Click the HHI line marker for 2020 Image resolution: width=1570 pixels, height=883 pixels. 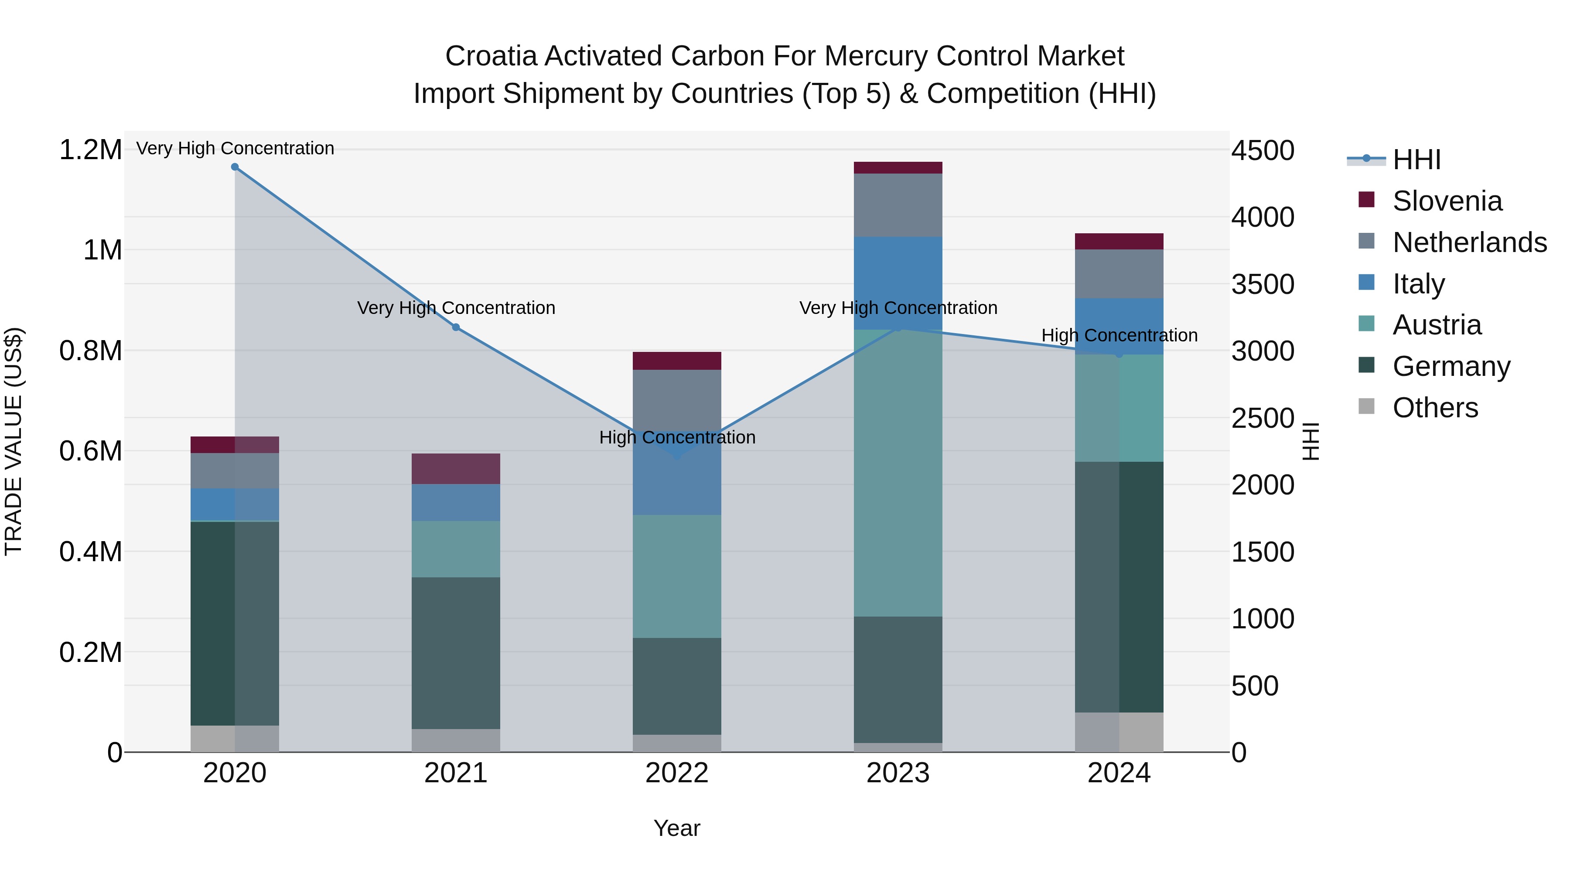[x=235, y=167]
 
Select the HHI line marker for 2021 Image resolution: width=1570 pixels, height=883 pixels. [x=456, y=327]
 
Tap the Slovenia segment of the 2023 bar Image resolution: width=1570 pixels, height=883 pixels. [x=898, y=167]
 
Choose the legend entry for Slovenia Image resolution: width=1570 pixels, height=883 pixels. [x=1447, y=201]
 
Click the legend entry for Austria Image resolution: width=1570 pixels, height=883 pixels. [x=1437, y=325]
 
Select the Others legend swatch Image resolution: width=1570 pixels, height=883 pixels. [x=1366, y=406]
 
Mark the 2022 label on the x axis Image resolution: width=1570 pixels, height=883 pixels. [x=676, y=773]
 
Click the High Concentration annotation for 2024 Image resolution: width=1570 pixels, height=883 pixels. [x=1119, y=335]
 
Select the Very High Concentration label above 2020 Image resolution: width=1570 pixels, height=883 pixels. [x=235, y=148]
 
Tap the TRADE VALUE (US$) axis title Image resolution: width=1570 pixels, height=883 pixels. [x=14, y=441]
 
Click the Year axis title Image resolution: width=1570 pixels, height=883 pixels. [x=676, y=828]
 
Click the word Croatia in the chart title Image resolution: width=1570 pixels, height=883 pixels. [x=491, y=56]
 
